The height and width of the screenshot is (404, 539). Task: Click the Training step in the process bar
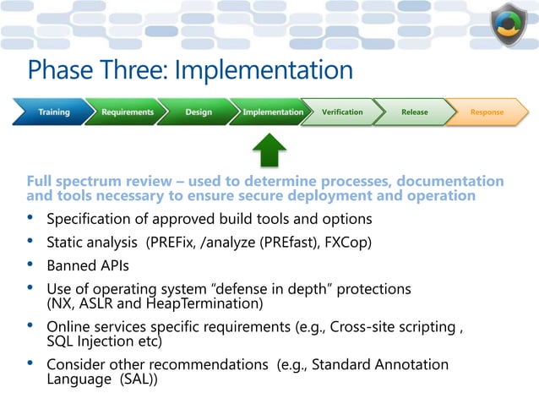click(52, 112)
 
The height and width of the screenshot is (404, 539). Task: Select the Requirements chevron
click(127, 112)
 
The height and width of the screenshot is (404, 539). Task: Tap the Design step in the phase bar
click(199, 112)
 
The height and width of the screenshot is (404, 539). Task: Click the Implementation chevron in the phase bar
click(272, 112)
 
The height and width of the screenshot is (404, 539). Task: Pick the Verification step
click(342, 112)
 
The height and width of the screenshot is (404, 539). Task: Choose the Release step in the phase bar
click(414, 112)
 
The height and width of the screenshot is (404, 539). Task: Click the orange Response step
click(487, 112)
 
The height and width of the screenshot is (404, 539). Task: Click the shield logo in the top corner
click(509, 27)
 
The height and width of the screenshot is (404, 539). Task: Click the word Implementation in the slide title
click(264, 69)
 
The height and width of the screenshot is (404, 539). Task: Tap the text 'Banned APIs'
click(87, 266)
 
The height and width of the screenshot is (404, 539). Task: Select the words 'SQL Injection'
click(94, 341)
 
